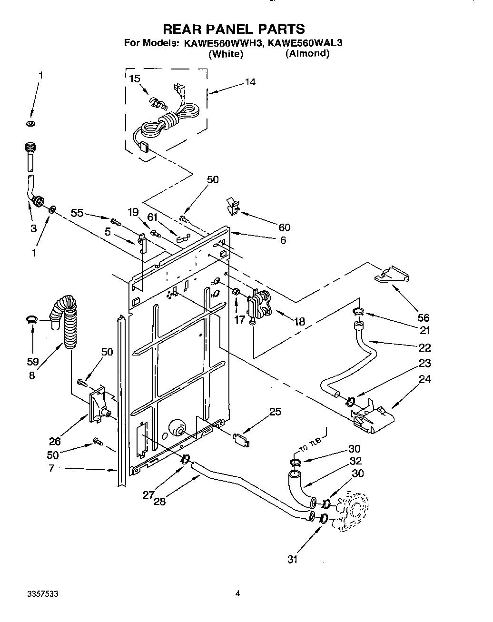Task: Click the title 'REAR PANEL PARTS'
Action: pyautogui.click(x=234, y=29)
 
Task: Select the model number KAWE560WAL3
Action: pyautogui.click(x=305, y=42)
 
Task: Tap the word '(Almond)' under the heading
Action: pyautogui.click(x=307, y=53)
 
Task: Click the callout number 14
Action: pyautogui.click(x=250, y=82)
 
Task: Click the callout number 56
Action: pyautogui.click(x=423, y=318)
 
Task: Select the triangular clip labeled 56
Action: pyautogui.click(x=394, y=276)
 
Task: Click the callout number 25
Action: pyautogui.click(x=275, y=412)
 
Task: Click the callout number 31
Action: pyautogui.click(x=292, y=559)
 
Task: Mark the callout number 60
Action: pyautogui.click(x=284, y=227)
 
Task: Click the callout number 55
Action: pyautogui.click(x=78, y=213)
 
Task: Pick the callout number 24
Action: pyautogui.click(x=424, y=379)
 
